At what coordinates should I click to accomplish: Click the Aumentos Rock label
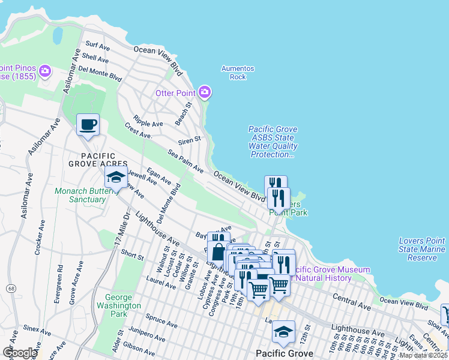(238, 73)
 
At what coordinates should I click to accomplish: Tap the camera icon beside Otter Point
(205, 92)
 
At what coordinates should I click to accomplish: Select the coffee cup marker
(88, 125)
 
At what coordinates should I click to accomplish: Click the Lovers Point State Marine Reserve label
(422, 249)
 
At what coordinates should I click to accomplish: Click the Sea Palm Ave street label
(185, 162)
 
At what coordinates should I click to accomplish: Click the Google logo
(19, 352)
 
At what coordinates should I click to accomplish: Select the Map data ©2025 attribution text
(423, 355)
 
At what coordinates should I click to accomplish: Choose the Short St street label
(131, 256)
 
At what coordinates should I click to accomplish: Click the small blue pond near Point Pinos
(58, 37)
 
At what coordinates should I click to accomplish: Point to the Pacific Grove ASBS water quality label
(273, 142)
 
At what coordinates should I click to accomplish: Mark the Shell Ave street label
(95, 58)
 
